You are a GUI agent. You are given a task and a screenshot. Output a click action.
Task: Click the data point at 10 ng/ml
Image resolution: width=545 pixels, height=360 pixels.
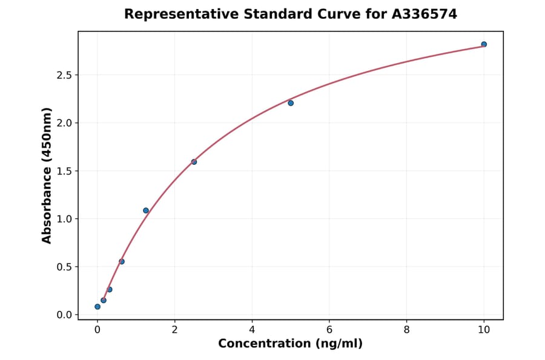484,44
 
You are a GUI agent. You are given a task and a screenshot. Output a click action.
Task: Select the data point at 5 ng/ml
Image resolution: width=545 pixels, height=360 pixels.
291,103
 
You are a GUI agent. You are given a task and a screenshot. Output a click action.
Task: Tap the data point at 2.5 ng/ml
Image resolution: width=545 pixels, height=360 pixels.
194,162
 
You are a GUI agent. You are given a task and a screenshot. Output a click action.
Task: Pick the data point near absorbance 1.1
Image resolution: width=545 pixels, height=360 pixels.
146,210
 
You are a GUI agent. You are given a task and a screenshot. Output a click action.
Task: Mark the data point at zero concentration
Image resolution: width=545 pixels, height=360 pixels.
97,307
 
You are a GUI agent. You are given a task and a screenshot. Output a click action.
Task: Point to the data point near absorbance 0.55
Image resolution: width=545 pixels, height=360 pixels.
122,262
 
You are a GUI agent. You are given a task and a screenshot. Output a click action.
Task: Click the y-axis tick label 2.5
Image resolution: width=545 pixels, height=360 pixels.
63,75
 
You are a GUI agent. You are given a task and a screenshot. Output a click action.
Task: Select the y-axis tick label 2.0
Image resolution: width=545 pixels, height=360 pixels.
63,123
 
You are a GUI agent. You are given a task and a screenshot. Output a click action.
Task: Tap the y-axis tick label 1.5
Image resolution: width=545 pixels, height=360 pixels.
63,171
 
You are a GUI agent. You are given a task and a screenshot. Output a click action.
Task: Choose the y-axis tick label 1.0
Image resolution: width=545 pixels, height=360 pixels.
63,219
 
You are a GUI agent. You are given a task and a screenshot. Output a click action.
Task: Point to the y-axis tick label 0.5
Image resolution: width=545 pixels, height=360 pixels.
63,267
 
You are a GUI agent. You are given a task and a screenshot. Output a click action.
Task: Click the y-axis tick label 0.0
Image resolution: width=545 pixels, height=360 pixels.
63,315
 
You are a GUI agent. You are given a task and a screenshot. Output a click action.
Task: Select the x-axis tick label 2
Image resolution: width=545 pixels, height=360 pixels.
174,330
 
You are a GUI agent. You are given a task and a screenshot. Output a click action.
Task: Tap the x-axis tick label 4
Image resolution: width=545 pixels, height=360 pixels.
252,330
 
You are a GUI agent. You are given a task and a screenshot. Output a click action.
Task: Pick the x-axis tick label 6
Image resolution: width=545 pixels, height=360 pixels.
329,330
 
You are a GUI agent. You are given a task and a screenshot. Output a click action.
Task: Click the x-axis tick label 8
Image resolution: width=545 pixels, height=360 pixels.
406,330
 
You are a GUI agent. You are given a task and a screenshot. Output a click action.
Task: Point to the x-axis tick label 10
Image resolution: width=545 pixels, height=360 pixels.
484,330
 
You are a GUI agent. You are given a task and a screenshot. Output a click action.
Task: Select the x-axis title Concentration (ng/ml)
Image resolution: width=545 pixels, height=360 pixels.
291,344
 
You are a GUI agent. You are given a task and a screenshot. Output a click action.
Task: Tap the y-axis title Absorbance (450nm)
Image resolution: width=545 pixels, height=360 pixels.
47,175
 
